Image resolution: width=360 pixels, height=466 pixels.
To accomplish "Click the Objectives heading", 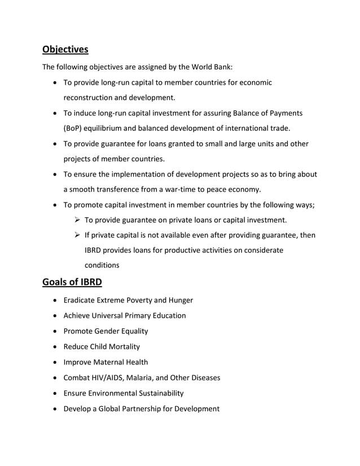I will coord(65,50).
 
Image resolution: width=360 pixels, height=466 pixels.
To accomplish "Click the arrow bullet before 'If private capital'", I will coord(75,235).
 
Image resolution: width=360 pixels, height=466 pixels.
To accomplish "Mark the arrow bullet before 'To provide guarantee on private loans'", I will coord(75,219).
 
